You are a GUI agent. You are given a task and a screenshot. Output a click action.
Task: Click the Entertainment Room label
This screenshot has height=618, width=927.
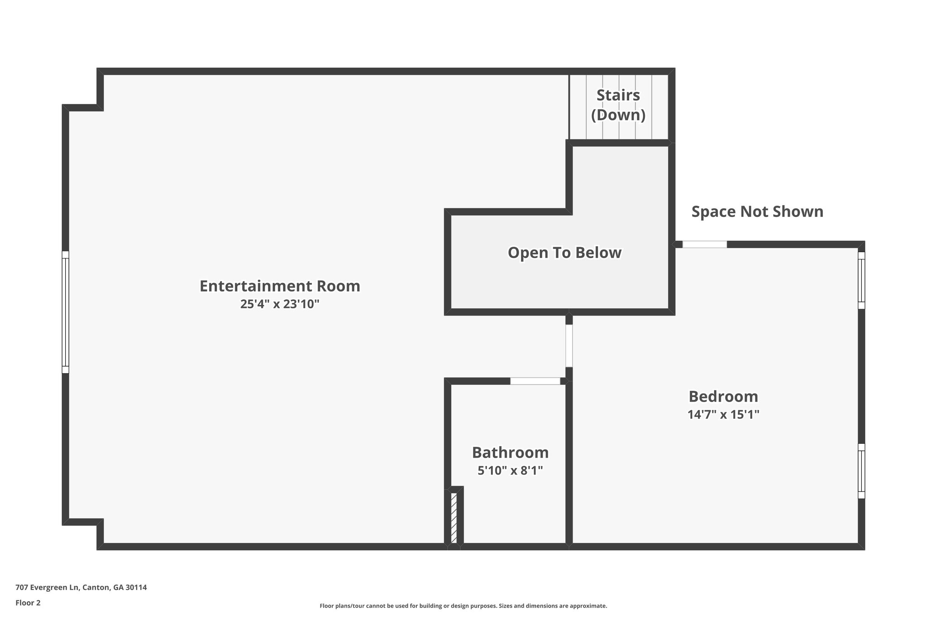click(x=280, y=286)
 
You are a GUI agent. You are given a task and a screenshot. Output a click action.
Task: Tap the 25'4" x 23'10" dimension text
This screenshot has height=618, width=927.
click(x=280, y=304)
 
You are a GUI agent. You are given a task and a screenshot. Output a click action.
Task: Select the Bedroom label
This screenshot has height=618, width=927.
click(x=723, y=397)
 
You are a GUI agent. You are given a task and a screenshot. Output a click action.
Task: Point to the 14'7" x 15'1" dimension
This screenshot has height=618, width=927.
click(x=723, y=415)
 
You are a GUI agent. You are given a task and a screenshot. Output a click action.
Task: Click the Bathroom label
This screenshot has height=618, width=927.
click(x=510, y=453)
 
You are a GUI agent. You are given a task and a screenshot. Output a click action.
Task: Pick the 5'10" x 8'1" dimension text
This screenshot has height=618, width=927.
click(x=510, y=471)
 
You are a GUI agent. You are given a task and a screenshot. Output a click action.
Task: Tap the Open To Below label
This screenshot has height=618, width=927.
click(x=564, y=253)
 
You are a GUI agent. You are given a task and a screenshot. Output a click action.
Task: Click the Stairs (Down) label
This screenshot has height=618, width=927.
click(x=618, y=105)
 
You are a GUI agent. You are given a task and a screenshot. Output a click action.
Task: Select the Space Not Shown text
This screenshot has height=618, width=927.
click(x=757, y=212)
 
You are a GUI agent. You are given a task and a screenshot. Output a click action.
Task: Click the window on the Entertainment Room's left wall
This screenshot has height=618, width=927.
click(x=66, y=312)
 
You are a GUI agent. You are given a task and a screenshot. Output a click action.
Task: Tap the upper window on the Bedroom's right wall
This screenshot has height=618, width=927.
click(x=861, y=280)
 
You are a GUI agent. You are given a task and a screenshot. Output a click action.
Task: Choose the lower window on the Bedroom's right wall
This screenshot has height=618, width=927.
click(x=861, y=471)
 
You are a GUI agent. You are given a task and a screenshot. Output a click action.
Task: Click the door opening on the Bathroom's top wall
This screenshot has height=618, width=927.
click(x=535, y=381)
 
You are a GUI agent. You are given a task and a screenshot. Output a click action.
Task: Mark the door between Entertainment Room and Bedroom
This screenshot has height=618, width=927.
click(x=569, y=346)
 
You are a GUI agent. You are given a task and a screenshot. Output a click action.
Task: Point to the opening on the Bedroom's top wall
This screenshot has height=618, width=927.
click(x=705, y=244)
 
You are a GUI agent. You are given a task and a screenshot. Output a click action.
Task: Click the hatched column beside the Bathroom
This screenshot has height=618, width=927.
click(x=454, y=517)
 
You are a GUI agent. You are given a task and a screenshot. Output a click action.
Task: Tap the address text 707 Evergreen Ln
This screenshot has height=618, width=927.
click(x=48, y=588)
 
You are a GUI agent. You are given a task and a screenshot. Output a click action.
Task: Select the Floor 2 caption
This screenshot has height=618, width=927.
click(x=28, y=603)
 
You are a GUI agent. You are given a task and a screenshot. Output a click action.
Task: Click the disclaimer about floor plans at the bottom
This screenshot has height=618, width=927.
click(x=463, y=606)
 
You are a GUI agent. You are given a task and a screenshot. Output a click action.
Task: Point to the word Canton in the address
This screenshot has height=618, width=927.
click(x=96, y=588)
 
